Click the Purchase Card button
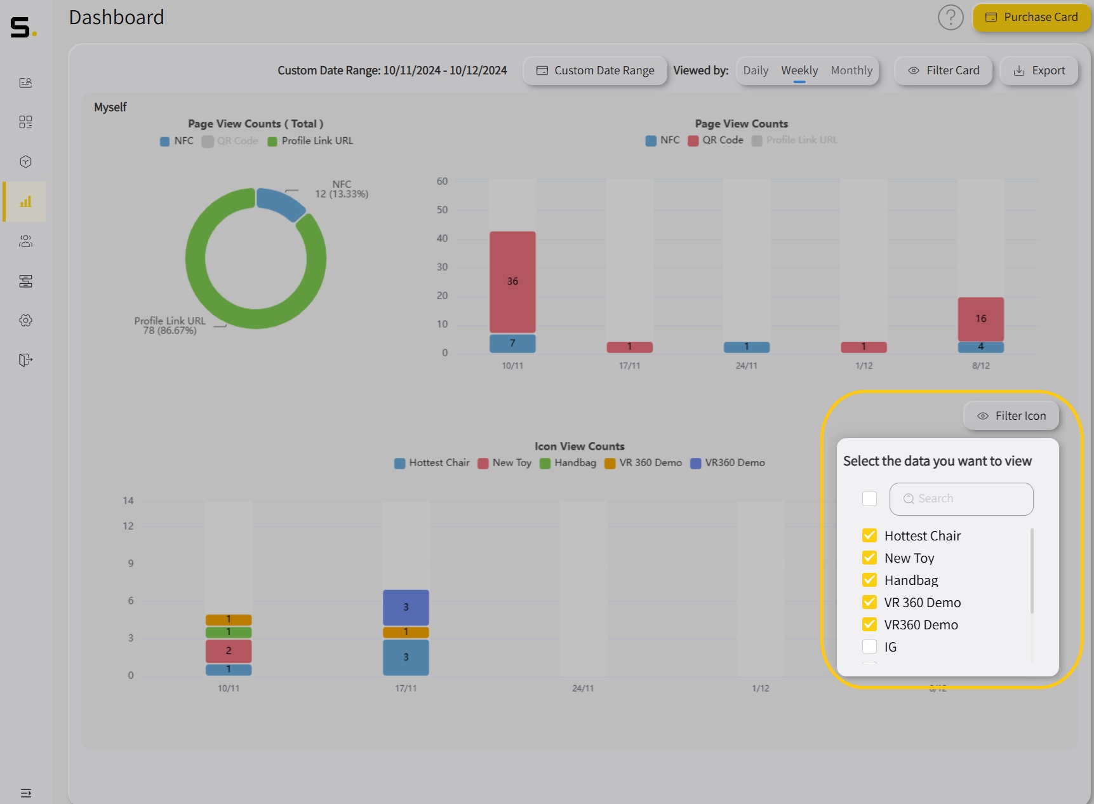click(1032, 18)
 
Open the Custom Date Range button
click(595, 70)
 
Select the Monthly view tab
click(851, 70)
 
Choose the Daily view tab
click(756, 70)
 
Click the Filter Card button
click(944, 70)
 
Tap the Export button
click(1039, 70)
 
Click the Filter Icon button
click(1011, 416)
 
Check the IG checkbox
click(870, 647)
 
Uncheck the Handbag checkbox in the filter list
click(870, 580)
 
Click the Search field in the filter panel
click(961, 499)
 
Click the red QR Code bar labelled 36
click(512, 281)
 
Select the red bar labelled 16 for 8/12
click(981, 318)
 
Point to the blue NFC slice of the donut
click(279, 202)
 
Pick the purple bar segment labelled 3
click(406, 607)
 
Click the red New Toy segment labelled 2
click(229, 651)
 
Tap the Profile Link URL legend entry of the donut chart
click(310, 141)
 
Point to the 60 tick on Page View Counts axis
click(442, 182)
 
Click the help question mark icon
click(951, 18)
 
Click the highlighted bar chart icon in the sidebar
click(25, 202)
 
